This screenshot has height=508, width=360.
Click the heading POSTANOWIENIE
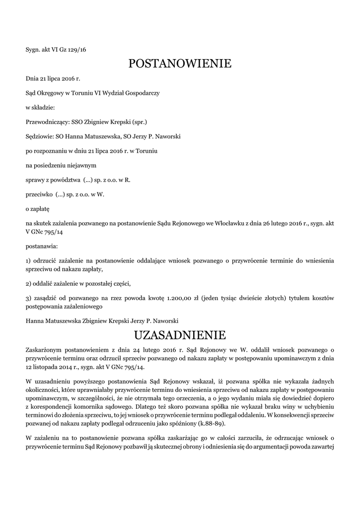click(180, 63)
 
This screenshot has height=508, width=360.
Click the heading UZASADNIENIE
click(180, 334)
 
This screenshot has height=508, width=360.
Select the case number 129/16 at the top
click(76, 49)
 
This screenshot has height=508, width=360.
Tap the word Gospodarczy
click(141, 93)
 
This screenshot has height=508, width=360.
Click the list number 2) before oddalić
click(29, 283)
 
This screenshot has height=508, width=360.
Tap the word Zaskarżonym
click(45, 351)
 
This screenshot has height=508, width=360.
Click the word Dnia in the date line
click(32, 78)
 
